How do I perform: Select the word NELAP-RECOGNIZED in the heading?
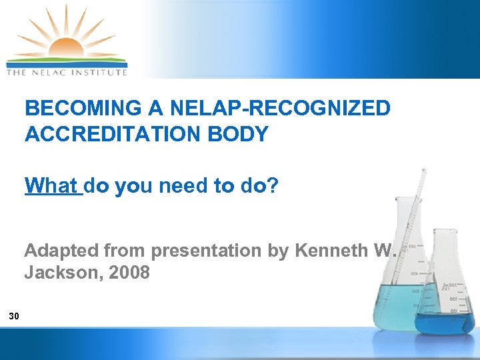click(278, 108)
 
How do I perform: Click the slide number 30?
click(14, 316)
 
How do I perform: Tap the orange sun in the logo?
click(65, 48)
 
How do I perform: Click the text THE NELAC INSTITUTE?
click(66, 71)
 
